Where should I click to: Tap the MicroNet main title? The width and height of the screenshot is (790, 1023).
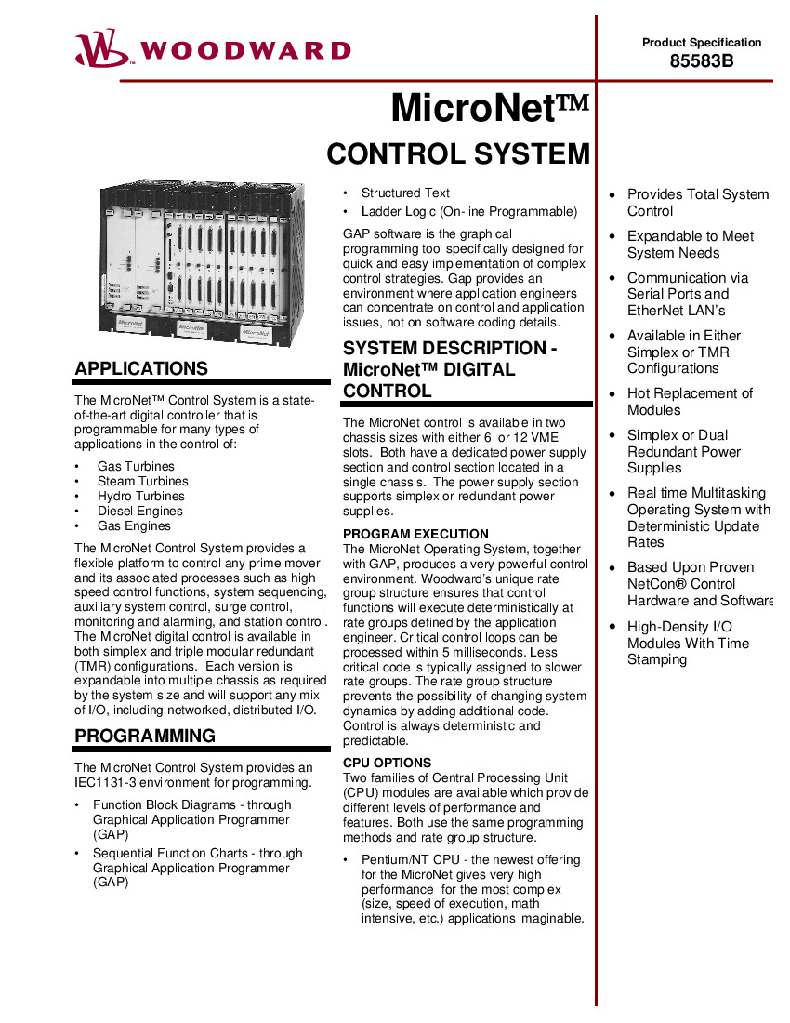click(x=490, y=108)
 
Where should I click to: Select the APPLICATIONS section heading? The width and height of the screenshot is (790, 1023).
click(x=141, y=368)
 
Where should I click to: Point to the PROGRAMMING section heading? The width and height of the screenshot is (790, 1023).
click(x=145, y=736)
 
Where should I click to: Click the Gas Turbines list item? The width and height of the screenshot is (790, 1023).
click(x=136, y=466)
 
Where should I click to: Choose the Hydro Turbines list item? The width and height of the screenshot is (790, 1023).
click(x=140, y=496)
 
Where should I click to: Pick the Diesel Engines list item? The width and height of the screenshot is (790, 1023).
click(x=140, y=511)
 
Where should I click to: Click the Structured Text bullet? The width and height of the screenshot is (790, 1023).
click(x=405, y=193)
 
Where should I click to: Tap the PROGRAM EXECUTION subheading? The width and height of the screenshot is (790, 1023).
click(x=415, y=534)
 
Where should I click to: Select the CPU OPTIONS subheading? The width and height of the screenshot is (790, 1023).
click(x=387, y=763)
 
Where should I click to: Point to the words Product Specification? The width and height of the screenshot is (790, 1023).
click(x=702, y=42)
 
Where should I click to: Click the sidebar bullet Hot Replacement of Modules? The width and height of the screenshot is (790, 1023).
click(x=690, y=402)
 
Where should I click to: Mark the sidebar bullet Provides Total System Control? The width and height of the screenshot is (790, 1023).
click(x=697, y=203)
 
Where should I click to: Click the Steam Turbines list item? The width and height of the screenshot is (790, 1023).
click(x=142, y=481)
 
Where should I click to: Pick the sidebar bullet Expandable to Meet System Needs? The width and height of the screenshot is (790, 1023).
click(x=690, y=245)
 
